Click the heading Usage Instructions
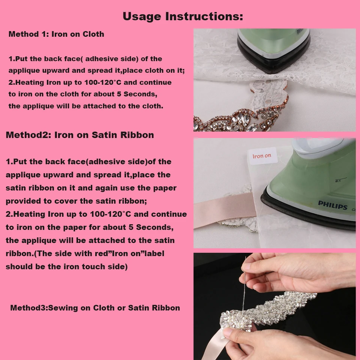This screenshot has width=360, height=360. (183, 16)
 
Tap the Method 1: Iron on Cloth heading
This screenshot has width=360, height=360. (56, 34)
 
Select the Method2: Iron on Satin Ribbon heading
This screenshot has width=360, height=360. (80, 135)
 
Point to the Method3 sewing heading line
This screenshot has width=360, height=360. (95, 308)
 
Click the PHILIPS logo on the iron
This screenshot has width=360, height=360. (333, 205)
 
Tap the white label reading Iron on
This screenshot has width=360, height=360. (262, 156)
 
